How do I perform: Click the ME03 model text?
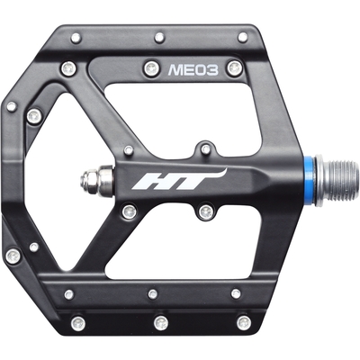[x=193, y=70]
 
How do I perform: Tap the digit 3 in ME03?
[x=212, y=70]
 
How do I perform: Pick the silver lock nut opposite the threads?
[x=96, y=180]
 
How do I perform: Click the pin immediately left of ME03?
[x=151, y=68]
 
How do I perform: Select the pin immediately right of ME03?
[x=234, y=67]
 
